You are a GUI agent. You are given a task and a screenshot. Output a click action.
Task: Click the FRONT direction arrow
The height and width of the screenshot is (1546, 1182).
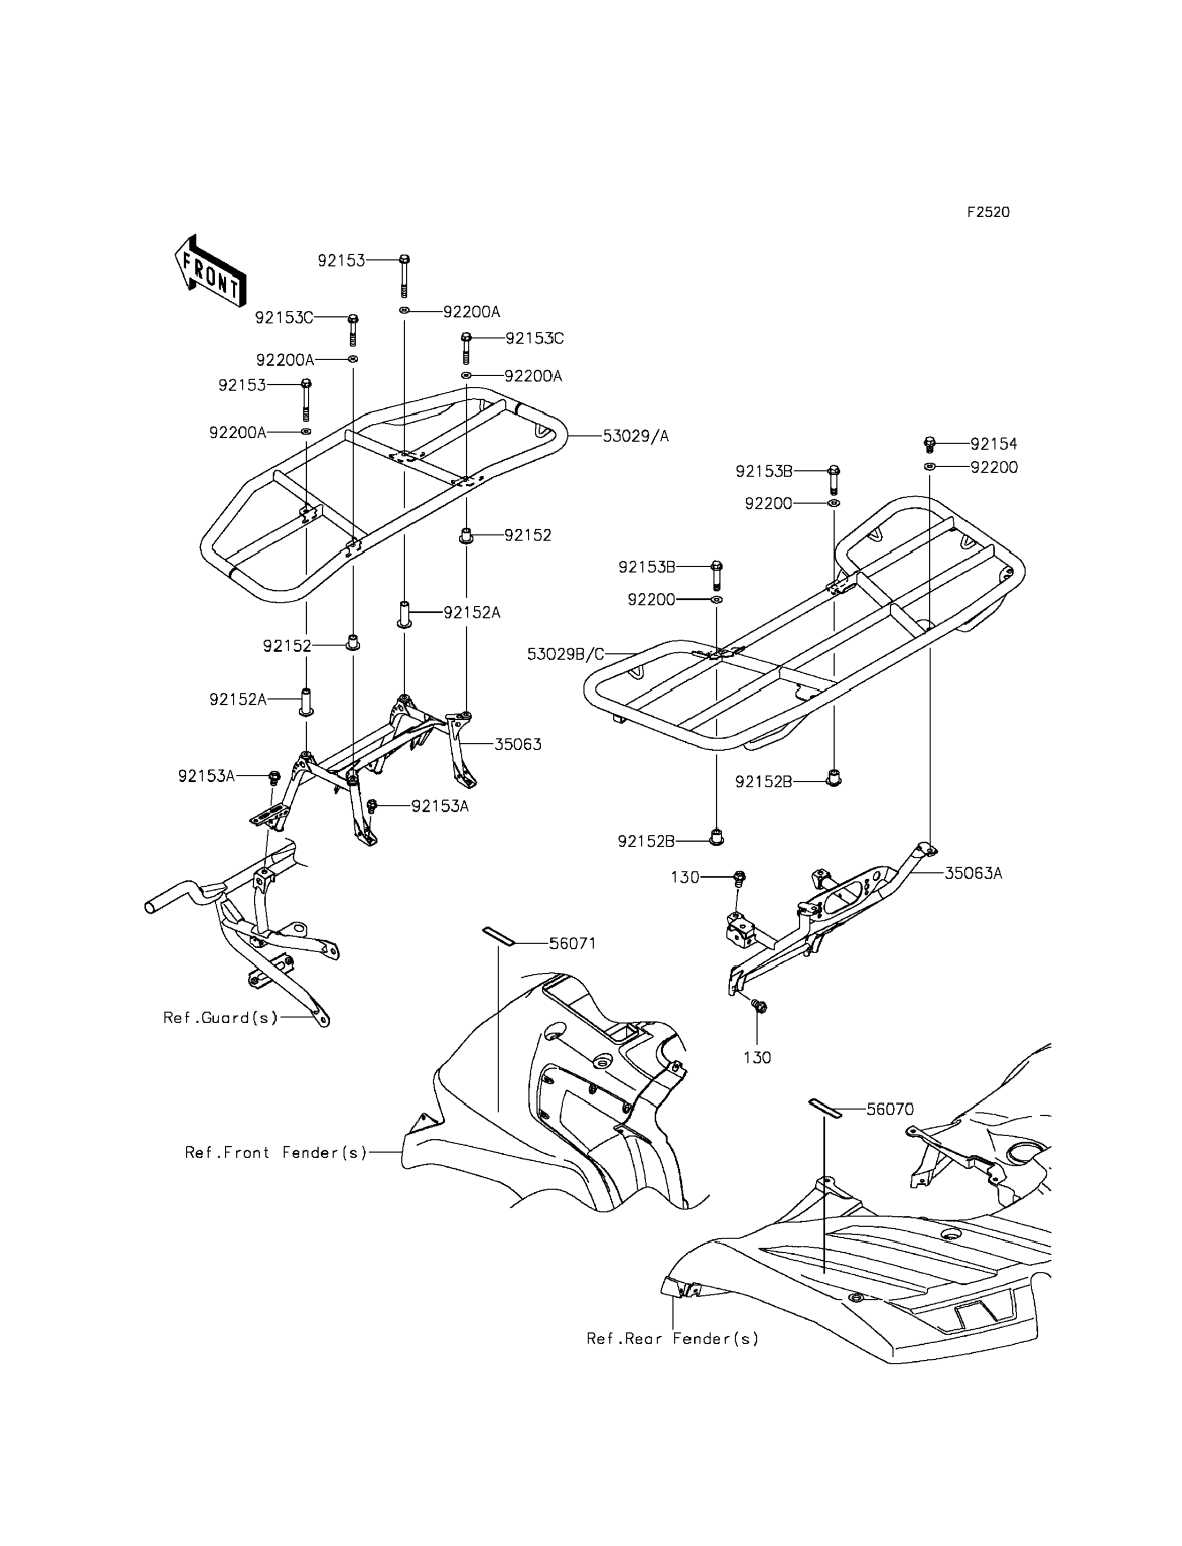(210, 271)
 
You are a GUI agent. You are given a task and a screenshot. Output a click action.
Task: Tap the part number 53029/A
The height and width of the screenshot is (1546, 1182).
(636, 436)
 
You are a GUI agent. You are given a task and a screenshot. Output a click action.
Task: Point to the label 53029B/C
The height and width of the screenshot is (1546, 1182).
(566, 654)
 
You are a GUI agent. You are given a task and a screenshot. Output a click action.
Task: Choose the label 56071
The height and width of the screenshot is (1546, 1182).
(573, 943)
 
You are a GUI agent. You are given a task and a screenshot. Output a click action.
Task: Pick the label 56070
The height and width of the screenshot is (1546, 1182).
(890, 1109)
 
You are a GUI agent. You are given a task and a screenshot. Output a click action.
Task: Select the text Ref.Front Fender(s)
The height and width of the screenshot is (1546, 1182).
(276, 1153)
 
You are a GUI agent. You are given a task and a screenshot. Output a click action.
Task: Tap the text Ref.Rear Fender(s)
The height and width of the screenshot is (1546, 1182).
(672, 1338)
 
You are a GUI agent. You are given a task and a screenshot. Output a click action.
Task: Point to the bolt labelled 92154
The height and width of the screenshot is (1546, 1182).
(929, 445)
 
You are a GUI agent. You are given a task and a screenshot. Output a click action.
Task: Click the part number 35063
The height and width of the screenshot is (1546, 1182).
(518, 744)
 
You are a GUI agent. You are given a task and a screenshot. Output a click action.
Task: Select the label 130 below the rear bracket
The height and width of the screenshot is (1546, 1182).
(757, 1057)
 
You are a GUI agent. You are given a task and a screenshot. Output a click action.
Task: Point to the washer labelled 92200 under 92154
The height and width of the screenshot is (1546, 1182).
(929, 467)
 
